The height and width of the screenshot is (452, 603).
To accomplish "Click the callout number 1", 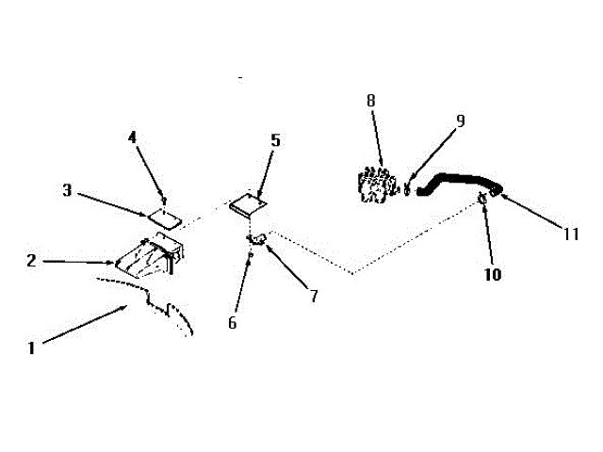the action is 31,347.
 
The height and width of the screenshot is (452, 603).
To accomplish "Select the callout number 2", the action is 31,261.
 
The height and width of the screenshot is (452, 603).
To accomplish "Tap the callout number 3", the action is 67,190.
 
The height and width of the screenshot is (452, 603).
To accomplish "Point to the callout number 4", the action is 133,138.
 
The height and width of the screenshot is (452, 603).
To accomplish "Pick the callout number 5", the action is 275,140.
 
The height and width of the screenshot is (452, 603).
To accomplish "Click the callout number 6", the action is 233,322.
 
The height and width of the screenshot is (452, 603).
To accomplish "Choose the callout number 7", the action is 314,296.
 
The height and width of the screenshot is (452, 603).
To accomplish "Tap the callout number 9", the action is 460,121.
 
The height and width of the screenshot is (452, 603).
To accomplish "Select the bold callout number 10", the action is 492,276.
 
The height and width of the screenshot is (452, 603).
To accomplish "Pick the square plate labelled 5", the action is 248,201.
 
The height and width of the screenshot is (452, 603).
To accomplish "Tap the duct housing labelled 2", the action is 151,256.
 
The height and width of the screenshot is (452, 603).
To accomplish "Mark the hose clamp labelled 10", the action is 481,197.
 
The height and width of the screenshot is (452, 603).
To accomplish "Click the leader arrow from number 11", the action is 532,212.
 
